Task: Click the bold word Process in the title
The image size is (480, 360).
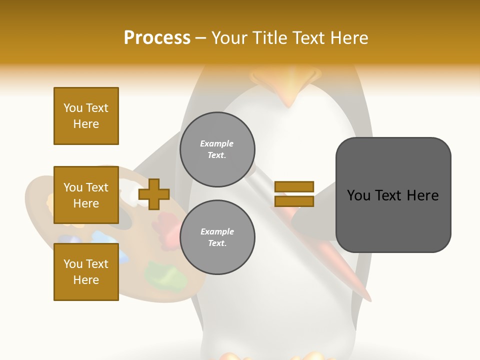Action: coord(157,38)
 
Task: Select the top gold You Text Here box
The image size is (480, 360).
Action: coord(86,116)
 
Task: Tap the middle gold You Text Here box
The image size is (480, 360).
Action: coord(86,195)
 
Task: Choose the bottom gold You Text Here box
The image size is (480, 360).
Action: coord(86,272)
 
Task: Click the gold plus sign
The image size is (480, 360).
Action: coord(154,194)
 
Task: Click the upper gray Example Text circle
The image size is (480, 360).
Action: coord(217,149)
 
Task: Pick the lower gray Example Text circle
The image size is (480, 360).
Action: coord(217,237)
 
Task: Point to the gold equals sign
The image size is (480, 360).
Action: coord(294,194)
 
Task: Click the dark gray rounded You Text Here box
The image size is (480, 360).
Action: coord(393,195)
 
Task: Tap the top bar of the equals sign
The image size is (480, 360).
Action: coord(294,187)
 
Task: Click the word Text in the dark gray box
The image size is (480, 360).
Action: coord(393,195)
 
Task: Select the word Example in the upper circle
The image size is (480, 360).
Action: coord(216,144)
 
